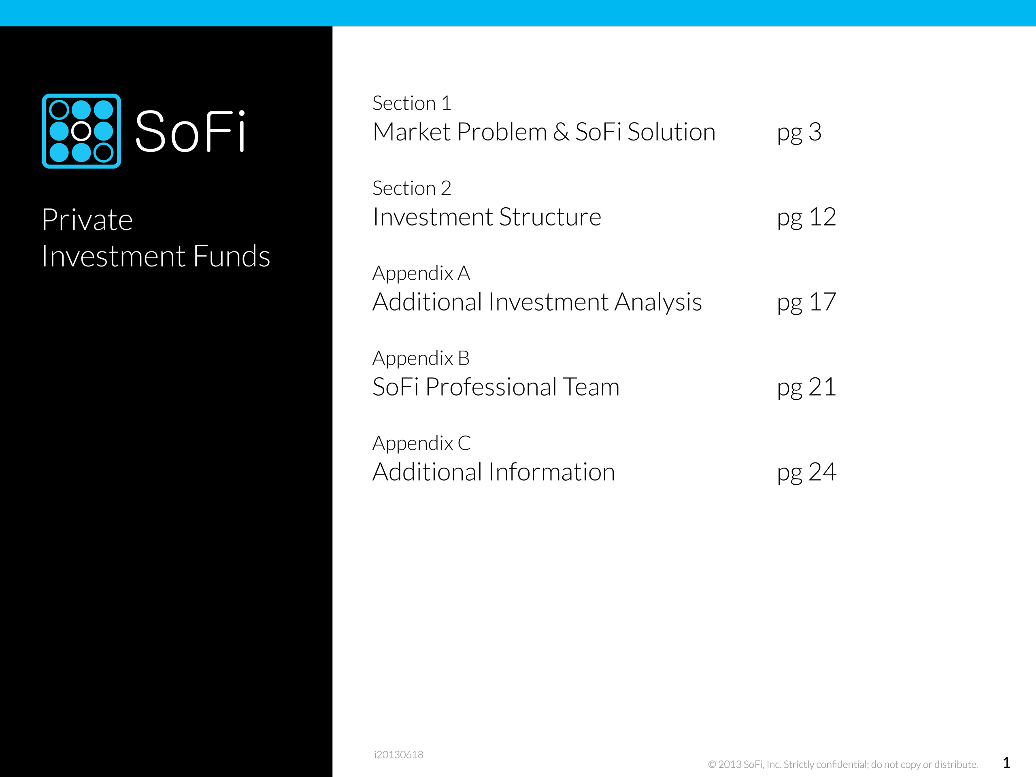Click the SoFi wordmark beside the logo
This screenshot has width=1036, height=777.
click(190, 131)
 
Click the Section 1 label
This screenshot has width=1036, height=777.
click(412, 103)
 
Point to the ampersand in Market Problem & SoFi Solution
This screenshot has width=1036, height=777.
click(561, 132)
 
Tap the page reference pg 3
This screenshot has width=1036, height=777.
click(799, 132)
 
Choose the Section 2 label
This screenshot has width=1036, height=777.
click(412, 188)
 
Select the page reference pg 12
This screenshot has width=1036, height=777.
click(806, 218)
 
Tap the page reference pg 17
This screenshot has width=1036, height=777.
click(806, 302)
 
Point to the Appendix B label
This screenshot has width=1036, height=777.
click(421, 359)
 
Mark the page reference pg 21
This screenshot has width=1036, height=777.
click(806, 388)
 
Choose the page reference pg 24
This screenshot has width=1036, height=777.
click(806, 473)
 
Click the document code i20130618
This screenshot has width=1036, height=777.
click(398, 754)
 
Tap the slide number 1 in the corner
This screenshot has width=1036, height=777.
click(1006, 762)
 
